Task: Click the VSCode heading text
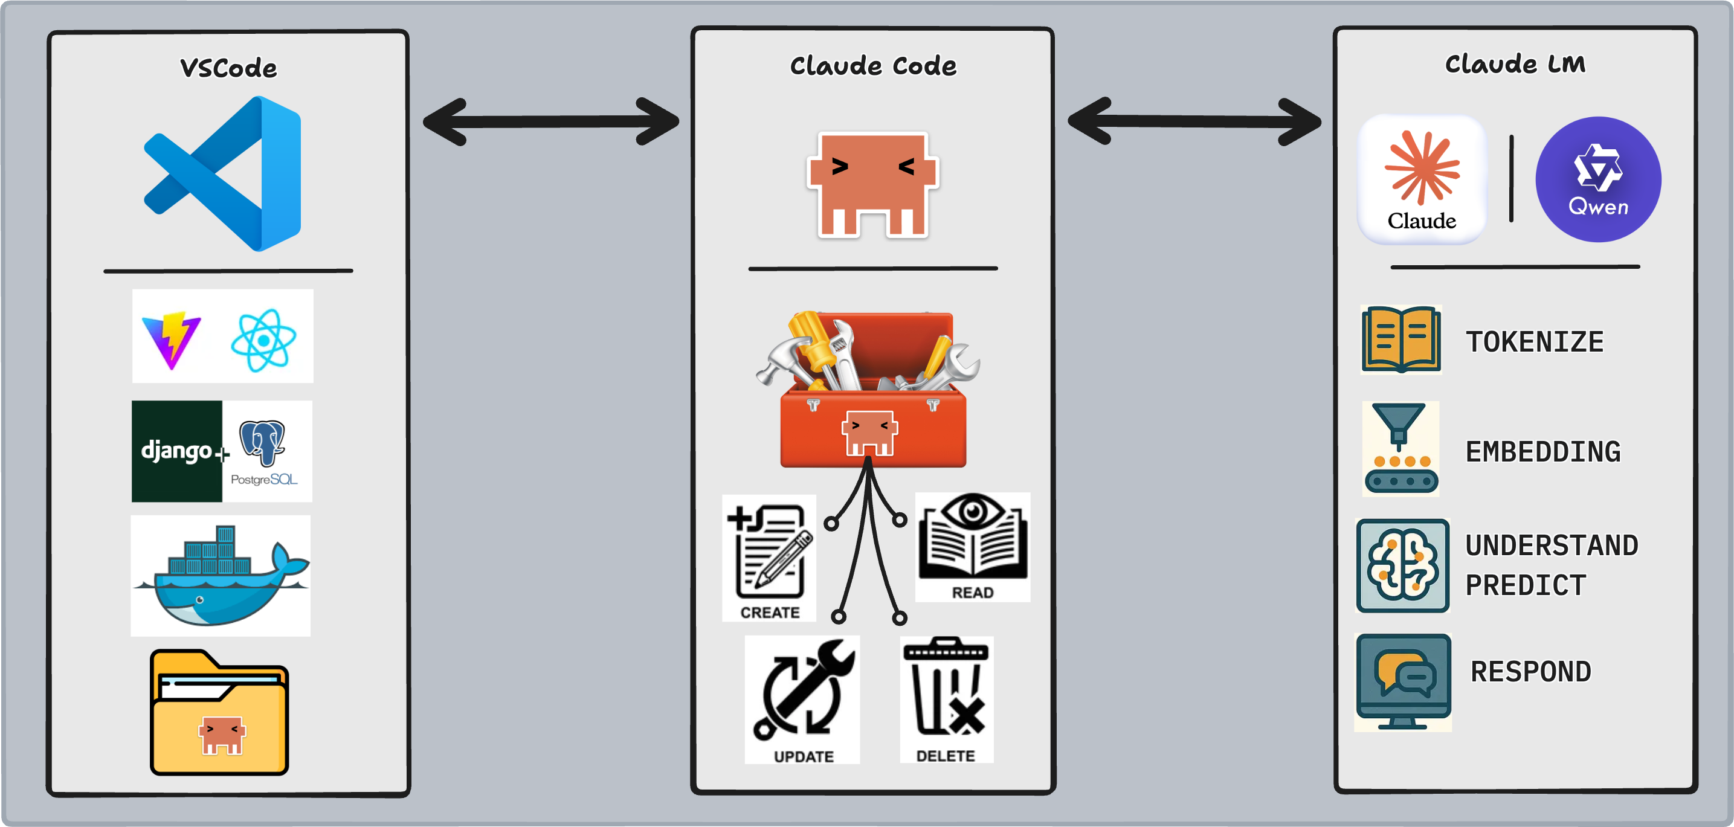pyautogui.click(x=228, y=68)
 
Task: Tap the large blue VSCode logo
pyautogui.click(x=223, y=173)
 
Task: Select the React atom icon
pyautogui.click(x=263, y=340)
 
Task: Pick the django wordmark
pyautogui.click(x=176, y=450)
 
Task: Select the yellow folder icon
pyautogui.click(x=219, y=713)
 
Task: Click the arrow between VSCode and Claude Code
pyautogui.click(x=550, y=122)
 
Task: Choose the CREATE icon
pyautogui.click(x=769, y=556)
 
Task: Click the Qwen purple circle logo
pyautogui.click(x=1598, y=179)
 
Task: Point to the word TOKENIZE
pyautogui.click(x=1535, y=342)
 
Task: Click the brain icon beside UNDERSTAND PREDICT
pyautogui.click(x=1403, y=565)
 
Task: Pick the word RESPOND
pyautogui.click(x=1531, y=672)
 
